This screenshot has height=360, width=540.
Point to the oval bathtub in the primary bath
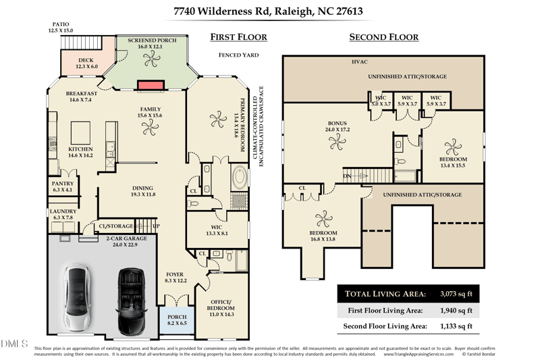[240, 179]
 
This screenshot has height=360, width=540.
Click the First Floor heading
[238, 37]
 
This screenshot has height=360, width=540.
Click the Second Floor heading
[383, 37]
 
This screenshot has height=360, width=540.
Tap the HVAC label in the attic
[360, 61]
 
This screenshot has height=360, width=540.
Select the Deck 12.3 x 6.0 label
[86, 63]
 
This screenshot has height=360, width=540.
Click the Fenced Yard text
[238, 55]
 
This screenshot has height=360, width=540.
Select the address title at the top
[268, 11]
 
